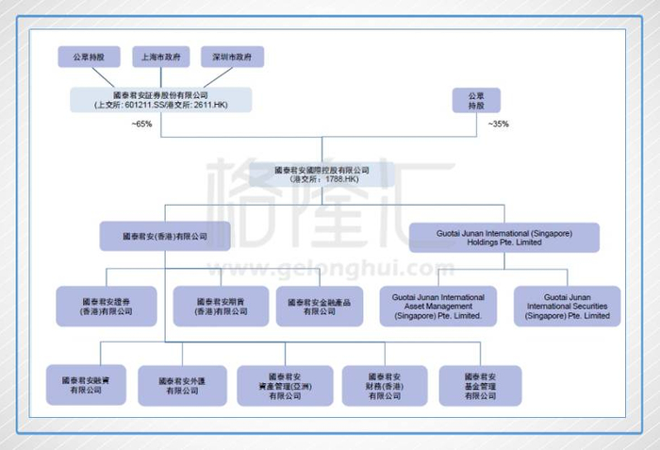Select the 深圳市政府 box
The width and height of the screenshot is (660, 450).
(232, 57)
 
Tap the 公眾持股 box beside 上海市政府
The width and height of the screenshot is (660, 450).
(89, 57)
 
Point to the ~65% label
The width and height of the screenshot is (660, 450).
(142, 125)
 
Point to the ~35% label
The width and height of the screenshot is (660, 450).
(498, 125)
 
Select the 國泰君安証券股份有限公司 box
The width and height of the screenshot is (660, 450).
(160, 100)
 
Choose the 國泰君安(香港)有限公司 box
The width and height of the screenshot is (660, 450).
(165, 236)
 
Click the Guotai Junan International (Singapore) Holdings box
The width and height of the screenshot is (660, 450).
(504, 236)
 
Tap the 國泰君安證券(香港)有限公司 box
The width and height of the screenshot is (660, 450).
(107, 307)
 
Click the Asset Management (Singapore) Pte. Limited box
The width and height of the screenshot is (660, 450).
(437, 307)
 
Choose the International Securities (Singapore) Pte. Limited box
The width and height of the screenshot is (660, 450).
(568, 307)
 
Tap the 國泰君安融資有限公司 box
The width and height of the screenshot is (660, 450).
(86, 385)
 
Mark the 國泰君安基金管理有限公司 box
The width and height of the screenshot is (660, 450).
(480, 385)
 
